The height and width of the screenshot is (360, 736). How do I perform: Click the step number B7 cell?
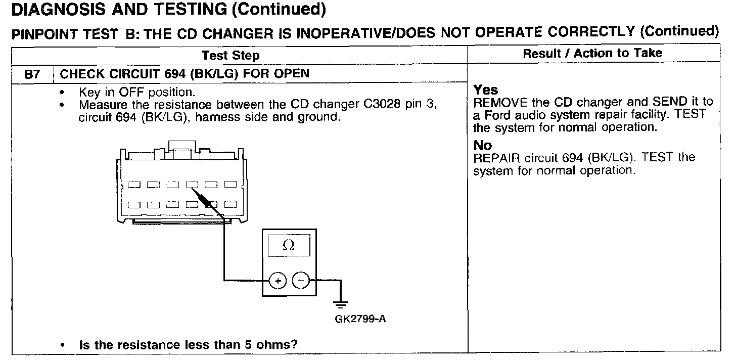click(32, 74)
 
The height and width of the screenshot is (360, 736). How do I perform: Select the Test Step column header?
click(231, 55)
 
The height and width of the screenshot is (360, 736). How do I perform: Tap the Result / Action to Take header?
click(592, 53)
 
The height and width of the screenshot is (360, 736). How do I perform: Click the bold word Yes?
click(486, 90)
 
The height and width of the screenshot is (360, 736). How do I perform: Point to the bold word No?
click(483, 146)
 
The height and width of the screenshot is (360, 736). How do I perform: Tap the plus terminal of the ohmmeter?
click(278, 280)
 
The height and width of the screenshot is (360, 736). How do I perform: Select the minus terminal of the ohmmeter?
click(301, 280)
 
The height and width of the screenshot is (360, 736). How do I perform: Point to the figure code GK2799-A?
click(357, 320)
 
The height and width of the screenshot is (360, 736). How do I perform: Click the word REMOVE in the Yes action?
click(497, 102)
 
